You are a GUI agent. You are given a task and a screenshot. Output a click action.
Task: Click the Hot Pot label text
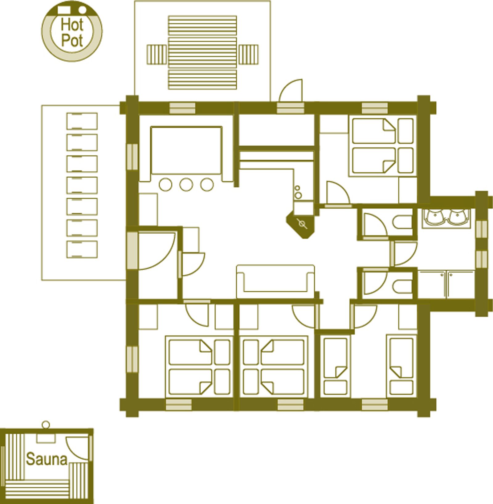pyautogui.click(x=72, y=32)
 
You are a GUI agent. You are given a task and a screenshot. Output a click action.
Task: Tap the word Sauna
pyautogui.click(x=47, y=459)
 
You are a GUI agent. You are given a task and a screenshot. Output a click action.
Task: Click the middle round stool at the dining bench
pyautogui.click(x=186, y=185)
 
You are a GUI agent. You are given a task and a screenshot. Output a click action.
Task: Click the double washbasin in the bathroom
pyautogui.click(x=446, y=218)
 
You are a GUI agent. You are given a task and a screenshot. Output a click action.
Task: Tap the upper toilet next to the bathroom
pyautogui.click(x=402, y=222)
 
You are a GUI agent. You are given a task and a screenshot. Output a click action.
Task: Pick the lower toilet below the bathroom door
pyautogui.click(x=402, y=286)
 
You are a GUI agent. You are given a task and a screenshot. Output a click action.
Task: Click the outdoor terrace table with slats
pyautogui.click(x=202, y=53)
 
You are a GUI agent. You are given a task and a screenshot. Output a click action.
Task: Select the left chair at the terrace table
pyautogui.click(x=157, y=55)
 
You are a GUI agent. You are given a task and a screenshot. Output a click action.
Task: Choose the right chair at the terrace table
pyautogui.click(x=248, y=55)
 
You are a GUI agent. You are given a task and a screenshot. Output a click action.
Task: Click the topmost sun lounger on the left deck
pyautogui.click(x=82, y=121)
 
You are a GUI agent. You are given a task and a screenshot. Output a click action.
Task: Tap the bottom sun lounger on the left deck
pyautogui.click(x=82, y=249)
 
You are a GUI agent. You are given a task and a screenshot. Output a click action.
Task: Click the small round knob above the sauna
pyautogui.click(x=46, y=424)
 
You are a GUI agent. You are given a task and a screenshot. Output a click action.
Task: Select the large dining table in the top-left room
pyautogui.click(x=186, y=150)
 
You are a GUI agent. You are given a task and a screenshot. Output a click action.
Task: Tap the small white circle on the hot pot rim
pyautogui.click(x=82, y=10)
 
